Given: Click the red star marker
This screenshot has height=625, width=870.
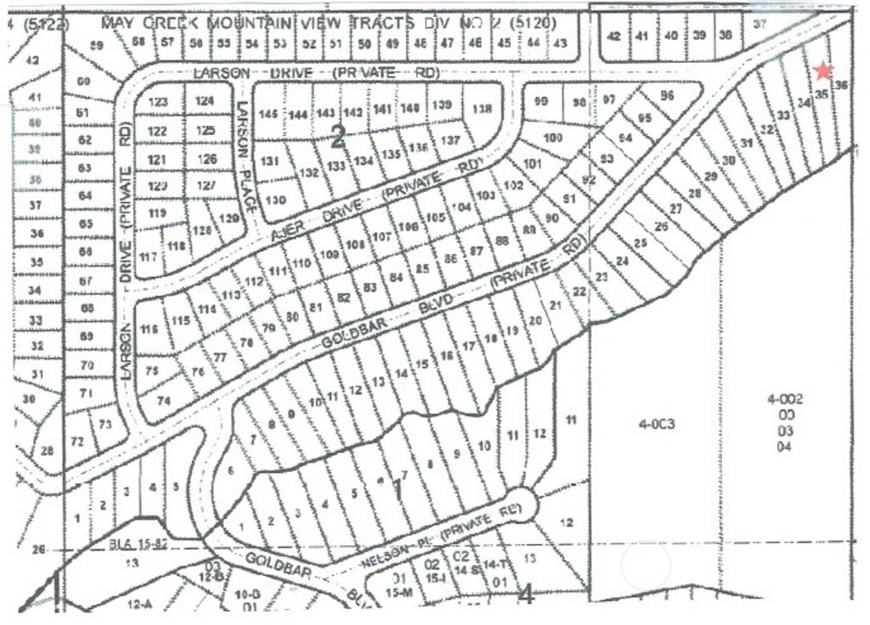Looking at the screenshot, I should [x=822, y=71].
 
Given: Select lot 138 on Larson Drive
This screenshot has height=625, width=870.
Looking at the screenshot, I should [x=482, y=109].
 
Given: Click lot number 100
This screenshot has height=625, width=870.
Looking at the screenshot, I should [x=553, y=138].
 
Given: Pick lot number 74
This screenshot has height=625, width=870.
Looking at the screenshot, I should [x=164, y=401].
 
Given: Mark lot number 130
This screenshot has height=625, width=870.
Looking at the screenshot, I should [x=275, y=200].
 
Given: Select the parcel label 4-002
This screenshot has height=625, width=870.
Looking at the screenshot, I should [x=783, y=398].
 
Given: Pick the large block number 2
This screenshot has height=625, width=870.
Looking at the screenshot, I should [x=338, y=136].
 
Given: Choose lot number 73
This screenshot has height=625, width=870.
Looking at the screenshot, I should [x=105, y=424].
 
